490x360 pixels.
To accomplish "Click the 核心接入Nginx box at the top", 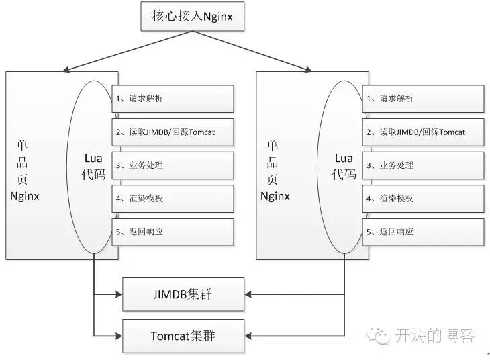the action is (x=192, y=16).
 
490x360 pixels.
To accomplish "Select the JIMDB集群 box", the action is (x=183, y=294).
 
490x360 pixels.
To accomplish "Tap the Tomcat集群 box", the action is (x=183, y=336).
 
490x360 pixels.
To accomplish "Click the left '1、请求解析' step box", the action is (x=173, y=99).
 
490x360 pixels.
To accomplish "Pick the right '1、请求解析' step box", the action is (x=423, y=99).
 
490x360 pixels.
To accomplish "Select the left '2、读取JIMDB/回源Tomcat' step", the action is (x=173, y=132).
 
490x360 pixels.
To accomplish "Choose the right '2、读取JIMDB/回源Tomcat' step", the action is (x=423, y=132).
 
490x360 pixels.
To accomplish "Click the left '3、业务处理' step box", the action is (x=173, y=165).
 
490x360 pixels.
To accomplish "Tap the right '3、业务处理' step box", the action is (x=423, y=165).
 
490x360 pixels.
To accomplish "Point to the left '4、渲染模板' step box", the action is (x=173, y=199).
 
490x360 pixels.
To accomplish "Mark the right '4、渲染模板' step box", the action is (x=423, y=199).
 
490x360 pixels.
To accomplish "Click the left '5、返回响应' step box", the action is (x=173, y=232).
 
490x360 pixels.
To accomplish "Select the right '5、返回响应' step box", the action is (x=423, y=232).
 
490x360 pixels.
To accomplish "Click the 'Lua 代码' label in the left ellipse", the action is (x=93, y=167).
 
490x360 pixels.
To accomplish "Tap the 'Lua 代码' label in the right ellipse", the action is (x=344, y=167).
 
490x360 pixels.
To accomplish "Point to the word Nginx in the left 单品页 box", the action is (x=25, y=196).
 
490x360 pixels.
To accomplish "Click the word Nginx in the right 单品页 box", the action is (x=275, y=196).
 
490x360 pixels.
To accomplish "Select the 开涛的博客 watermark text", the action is (x=435, y=336).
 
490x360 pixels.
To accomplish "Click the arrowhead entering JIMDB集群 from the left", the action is (x=119, y=294).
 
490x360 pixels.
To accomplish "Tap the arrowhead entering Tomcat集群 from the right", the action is (x=248, y=336).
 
